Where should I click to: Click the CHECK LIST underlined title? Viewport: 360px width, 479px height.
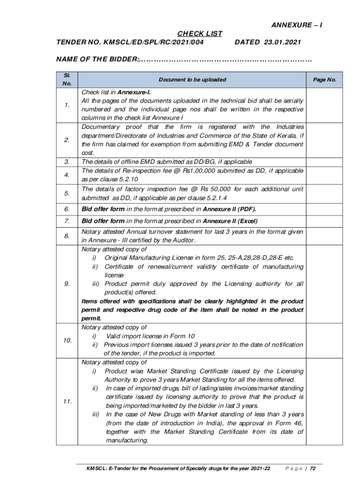(200, 34)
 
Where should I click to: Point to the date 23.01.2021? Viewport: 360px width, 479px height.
(282, 43)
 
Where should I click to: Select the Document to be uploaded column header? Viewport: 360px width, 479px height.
(192, 80)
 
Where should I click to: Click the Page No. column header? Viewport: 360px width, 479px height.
(325, 80)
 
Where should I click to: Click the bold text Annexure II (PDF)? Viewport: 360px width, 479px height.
(230, 209)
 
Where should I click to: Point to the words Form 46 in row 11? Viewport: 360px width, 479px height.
(288, 423)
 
